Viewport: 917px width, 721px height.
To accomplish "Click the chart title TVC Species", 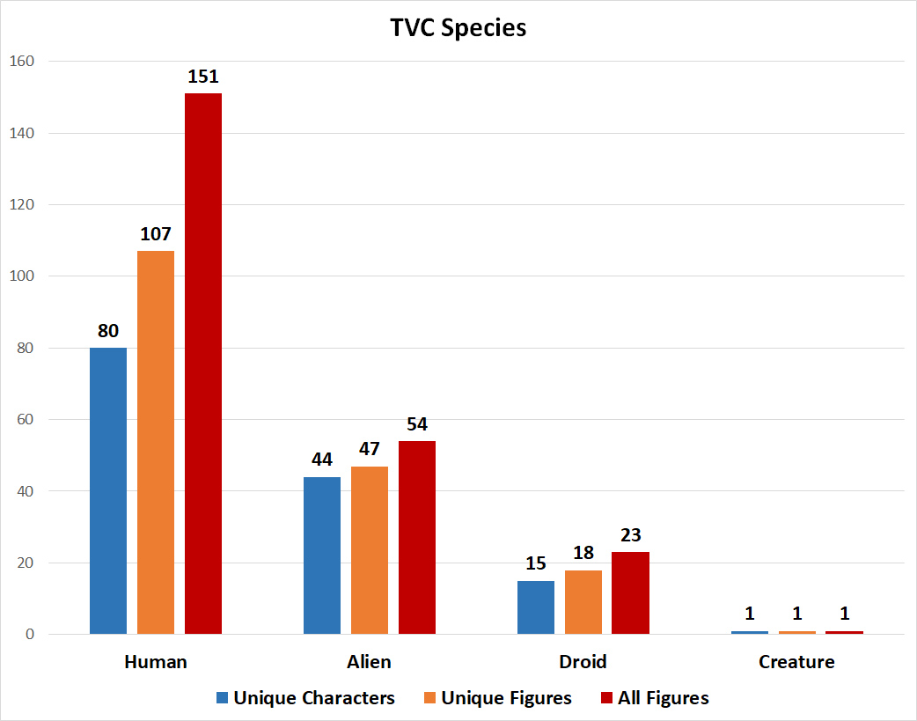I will (x=458, y=28).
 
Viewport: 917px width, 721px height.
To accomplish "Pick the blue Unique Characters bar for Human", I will (x=108, y=490).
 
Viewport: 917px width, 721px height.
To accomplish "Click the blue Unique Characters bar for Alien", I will (x=322, y=555).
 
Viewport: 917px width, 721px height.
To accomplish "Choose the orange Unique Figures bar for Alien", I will (x=370, y=549).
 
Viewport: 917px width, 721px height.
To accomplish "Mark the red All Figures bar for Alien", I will (x=417, y=537).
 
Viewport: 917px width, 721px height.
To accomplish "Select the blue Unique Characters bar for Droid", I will (x=536, y=607).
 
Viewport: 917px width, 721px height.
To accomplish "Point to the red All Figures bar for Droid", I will (x=631, y=592).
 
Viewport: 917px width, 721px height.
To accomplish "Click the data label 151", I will (x=203, y=77).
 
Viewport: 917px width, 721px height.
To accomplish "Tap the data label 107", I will (x=156, y=234).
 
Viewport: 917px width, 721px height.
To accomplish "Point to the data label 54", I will (x=417, y=424).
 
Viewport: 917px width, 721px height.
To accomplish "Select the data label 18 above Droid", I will (x=583, y=553).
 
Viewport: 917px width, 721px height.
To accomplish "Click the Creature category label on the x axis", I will (x=796, y=662).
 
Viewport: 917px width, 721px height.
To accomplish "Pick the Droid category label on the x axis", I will (x=583, y=662).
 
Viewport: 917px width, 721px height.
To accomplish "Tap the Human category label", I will (x=156, y=662).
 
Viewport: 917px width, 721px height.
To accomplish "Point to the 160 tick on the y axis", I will (x=21, y=62).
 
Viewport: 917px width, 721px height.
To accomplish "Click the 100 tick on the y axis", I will (x=21, y=276).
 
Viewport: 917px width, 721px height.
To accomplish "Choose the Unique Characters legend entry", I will (x=305, y=698).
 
